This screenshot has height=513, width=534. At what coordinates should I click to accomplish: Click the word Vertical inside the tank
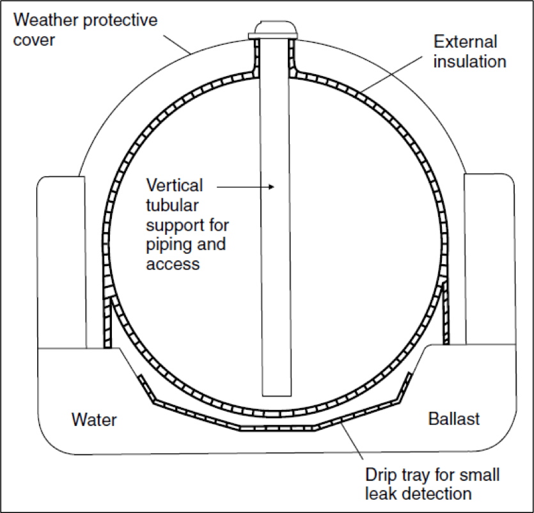coord(175,186)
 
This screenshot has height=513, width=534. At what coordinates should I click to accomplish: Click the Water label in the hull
coord(94,420)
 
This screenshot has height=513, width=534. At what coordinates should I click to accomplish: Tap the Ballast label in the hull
coord(453,420)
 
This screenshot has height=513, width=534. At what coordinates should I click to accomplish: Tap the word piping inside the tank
coord(166,244)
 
